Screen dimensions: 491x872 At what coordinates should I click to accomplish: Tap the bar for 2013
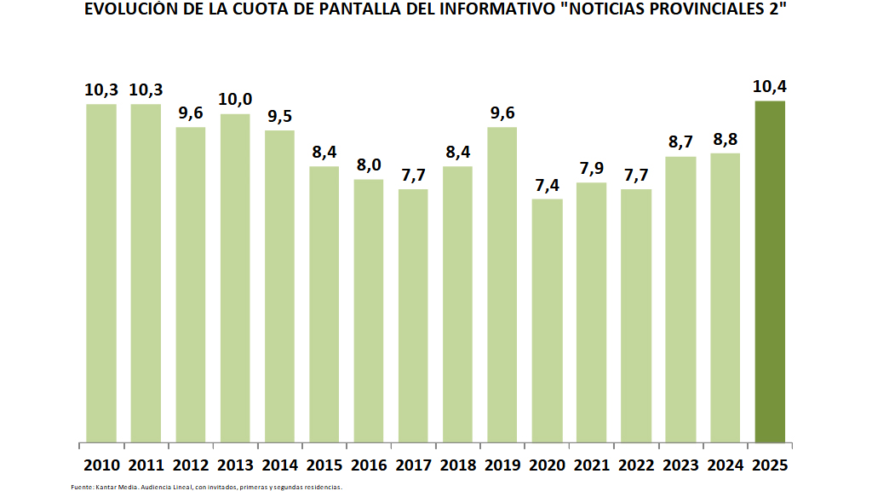[235, 278]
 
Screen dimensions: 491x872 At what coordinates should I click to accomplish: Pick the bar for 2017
[413, 315]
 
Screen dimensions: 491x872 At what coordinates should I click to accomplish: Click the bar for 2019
[502, 285]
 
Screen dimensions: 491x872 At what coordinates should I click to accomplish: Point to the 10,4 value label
[769, 87]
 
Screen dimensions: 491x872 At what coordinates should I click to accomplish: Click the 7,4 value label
[547, 185]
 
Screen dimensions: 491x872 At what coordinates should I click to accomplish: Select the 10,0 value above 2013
[235, 100]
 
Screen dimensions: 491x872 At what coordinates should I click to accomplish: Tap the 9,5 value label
[279, 117]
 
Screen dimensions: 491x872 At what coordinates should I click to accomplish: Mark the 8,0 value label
[369, 165]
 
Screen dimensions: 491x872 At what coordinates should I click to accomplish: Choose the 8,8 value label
[725, 140]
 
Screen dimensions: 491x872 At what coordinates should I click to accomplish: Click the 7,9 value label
[591, 169]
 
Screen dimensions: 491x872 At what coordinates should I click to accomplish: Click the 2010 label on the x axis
[101, 465]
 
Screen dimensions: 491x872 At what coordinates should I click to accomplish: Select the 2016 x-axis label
[369, 465]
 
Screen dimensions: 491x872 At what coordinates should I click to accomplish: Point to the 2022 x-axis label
[635, 465]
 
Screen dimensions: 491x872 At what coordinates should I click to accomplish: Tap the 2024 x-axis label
[725, 465]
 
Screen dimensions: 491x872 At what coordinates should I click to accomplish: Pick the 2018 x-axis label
[457, 465]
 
